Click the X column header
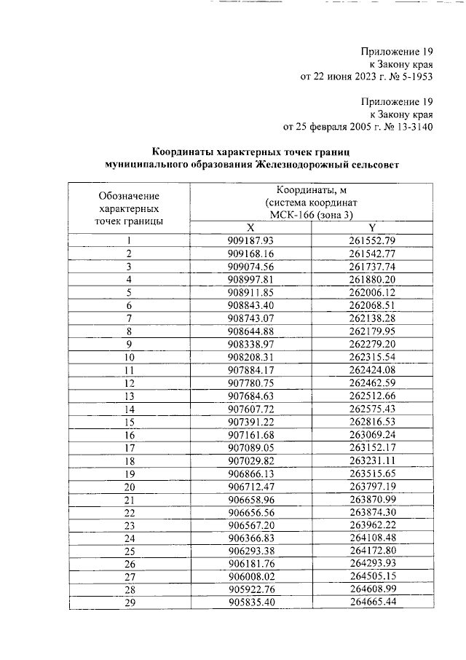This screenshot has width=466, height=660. [x=250, y=227]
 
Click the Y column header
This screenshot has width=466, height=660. [x=372, y=227]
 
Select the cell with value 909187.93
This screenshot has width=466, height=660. [x=250, y=240]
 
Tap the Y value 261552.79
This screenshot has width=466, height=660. [x=372, y=240]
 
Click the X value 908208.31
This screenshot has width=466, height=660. [x=250, y=357]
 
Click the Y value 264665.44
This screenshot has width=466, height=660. [x=372, y=603]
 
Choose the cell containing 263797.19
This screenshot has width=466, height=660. [x=372, y=487]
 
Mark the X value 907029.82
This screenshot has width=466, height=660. [x=250, y=460]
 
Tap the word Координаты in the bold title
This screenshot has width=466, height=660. [x=181, y=152]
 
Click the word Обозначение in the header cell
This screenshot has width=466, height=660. [x=129, y=196]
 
